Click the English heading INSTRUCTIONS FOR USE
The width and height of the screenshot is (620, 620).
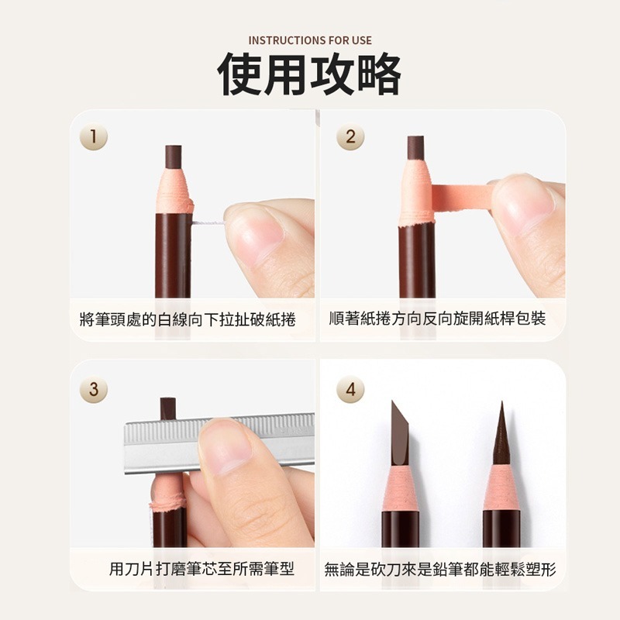coord(310,40)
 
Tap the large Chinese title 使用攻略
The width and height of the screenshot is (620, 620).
coord(309,74)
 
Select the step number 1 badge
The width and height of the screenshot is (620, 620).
coord(93,137)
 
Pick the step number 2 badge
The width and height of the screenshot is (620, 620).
coord(350,137)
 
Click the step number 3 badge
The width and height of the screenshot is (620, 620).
coord(93,389)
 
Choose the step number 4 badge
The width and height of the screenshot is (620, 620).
coord(350,389)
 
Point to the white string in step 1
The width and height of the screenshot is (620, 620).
coord(208,224)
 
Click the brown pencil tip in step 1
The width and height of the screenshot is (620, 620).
coord(173,157)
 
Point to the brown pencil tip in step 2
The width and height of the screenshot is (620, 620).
coord(415,148)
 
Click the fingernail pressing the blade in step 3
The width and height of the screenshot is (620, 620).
coord(226,446)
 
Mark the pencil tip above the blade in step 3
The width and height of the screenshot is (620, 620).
coord(168,409)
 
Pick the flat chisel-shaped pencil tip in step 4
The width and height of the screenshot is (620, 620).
coord(400,434)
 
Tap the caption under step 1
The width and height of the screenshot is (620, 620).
coord(188,319)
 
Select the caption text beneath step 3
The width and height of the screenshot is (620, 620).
coord(201,569)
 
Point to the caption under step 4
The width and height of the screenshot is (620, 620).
coord(440,570)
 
